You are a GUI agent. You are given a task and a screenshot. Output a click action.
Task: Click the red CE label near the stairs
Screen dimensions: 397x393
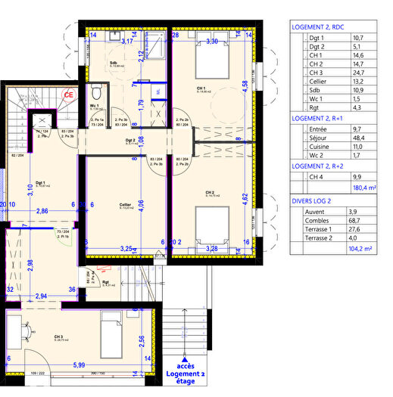click(68, 95)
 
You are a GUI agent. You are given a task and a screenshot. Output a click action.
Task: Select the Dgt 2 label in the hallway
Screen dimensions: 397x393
click(130, 141)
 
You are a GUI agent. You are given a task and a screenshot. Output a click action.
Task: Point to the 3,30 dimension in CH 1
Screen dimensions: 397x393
click(213, 42)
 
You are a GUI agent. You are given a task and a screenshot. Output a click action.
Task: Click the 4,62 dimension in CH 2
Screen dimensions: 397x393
click(245, 200)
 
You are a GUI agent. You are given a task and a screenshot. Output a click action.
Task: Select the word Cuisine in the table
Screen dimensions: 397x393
click(314, 150)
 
